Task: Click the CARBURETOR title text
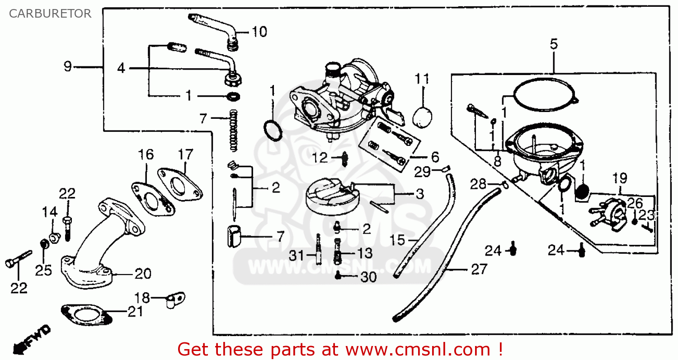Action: [x=50, y=14]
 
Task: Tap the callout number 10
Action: [x=259, y=32]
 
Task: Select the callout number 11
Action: [x=422, y=79]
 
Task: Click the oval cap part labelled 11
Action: [x=424, y=116]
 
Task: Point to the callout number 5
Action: [x=554, y=44]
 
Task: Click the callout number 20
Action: [x=143, y=274]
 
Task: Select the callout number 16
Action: [x=146, y=154]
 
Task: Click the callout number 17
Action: [x=185, y=154]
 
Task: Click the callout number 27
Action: [x=479, y=270]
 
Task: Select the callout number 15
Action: [x=398, y=240]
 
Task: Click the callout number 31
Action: [x=297, y=256]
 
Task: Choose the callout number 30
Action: [x=369, y=277]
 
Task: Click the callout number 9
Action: [x=67, y=67]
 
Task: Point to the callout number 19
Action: [x=620, y=178]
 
